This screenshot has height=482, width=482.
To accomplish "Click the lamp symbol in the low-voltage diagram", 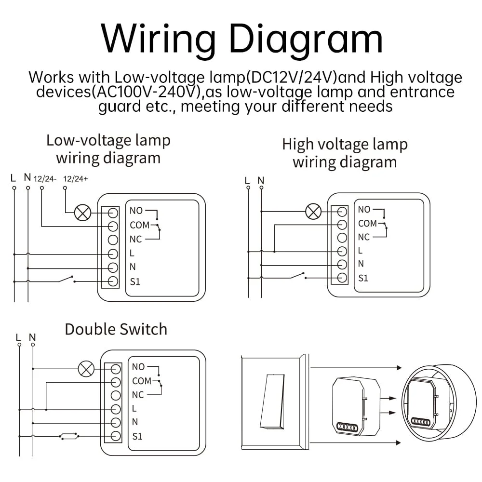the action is tap(83, 213).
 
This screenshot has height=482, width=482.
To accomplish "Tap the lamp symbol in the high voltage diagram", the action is tap(313, 212).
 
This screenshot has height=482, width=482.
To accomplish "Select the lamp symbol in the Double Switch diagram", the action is tap(86, 369).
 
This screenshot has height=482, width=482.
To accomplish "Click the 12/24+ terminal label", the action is tap(76, 179).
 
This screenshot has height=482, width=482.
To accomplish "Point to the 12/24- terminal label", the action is tap(45, 179).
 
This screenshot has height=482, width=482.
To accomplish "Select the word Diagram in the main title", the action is tap(306, 40).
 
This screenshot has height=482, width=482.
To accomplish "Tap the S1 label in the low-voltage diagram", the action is tap(135, 281).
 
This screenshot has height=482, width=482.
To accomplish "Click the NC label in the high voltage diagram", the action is tap(363, 237).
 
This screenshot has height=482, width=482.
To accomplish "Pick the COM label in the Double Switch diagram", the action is tap(142, 381).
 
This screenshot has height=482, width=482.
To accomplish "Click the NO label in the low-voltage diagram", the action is tap(136, 211).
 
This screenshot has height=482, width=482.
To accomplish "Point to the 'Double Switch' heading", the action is tap(116, 329).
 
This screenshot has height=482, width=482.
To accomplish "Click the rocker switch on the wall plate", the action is tap(272, 402).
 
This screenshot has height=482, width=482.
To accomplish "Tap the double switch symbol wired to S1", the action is tap(69, 436).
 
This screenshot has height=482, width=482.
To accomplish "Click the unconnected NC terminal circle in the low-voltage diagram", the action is tap(113, 240).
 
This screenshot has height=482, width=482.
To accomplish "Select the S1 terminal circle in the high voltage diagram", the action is tap(342, 278).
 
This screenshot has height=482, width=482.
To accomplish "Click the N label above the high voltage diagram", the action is tap(261, 180).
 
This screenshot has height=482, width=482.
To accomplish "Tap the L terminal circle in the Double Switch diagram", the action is tap(116, 409).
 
